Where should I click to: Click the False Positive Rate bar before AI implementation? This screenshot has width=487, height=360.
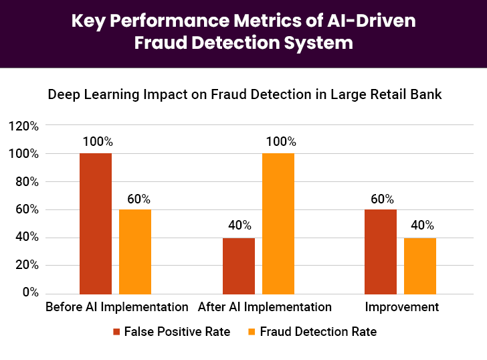96,223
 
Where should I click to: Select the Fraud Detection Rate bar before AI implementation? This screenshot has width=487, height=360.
135,252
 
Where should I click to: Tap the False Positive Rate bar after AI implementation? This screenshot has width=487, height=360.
239,266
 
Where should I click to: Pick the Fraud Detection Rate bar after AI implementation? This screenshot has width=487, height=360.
278,223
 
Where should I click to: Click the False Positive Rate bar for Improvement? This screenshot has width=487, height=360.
381,252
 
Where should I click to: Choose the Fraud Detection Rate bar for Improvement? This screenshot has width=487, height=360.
420,266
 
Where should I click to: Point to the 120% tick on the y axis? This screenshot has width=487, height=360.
23,126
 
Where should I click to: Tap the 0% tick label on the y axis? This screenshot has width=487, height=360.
29,293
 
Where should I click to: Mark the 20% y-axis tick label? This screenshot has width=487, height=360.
25,265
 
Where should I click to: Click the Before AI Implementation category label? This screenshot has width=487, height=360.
117,308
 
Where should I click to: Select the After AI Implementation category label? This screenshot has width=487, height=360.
265,308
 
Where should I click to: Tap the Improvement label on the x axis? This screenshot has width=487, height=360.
402,308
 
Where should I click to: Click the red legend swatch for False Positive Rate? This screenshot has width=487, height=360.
116,332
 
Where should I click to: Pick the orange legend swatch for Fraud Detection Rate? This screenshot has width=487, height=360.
252,332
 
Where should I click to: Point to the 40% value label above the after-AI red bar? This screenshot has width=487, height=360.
239,226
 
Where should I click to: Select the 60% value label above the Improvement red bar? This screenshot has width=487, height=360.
381,199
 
